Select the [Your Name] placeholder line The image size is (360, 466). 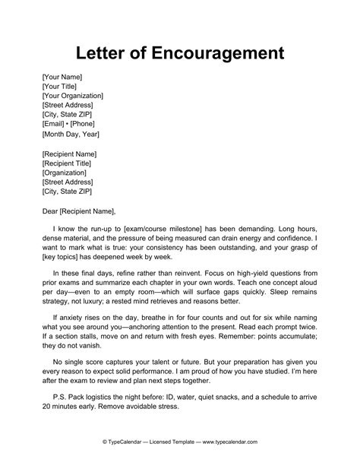pos(62,77)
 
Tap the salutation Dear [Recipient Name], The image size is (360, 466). pos(80,211)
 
